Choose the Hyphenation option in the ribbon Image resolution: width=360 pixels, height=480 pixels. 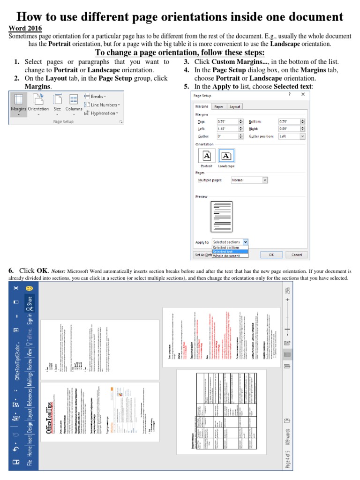102,113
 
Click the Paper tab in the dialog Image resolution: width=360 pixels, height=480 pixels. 219,106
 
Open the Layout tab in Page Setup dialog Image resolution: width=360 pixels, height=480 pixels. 235,106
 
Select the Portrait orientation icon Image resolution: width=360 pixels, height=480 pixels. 207,156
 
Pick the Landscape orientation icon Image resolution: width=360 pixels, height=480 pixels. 226,156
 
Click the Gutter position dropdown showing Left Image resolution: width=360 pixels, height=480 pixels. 292,136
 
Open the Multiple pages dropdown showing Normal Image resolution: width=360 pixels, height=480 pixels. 249,180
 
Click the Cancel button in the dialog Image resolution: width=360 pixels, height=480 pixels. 296,255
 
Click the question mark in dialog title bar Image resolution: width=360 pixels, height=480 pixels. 289,94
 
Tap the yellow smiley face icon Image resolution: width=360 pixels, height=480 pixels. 29,288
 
